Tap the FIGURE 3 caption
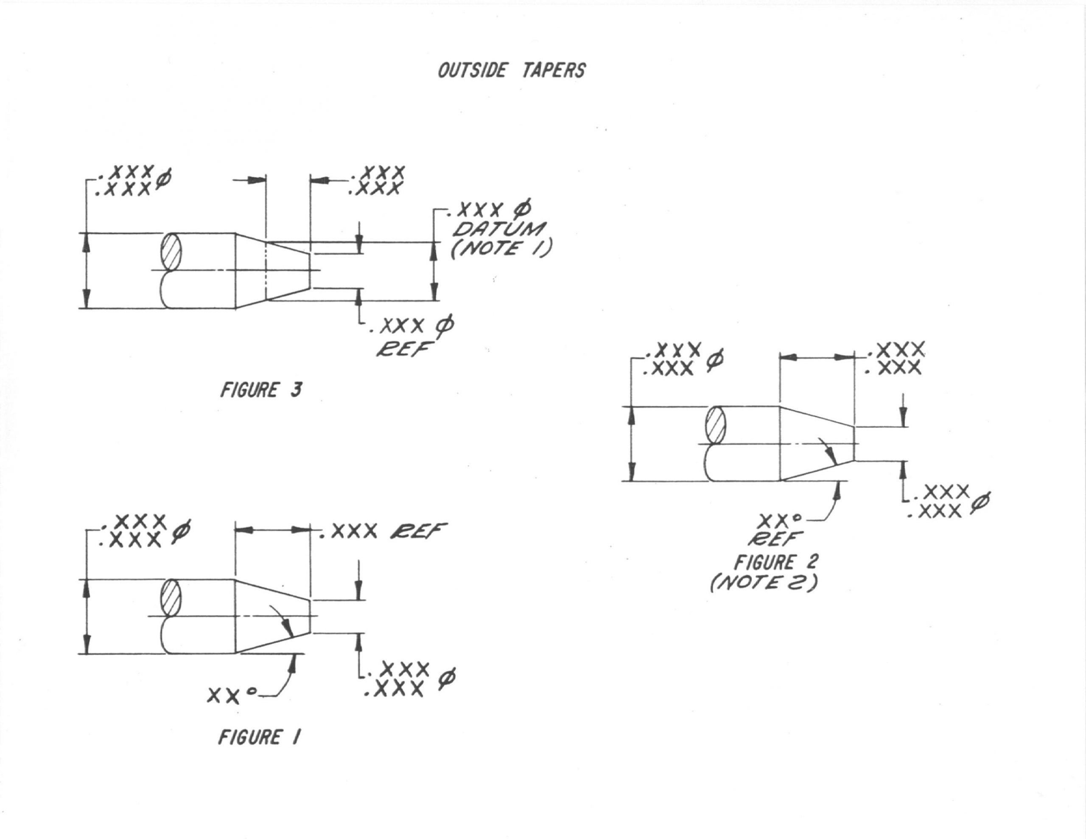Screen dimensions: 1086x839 pos(260,390)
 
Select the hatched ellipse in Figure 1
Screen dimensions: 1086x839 pos(171,598)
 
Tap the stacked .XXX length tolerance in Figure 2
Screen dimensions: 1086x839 pos(895,358)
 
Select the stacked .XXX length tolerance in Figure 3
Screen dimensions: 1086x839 pos(377,180)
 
